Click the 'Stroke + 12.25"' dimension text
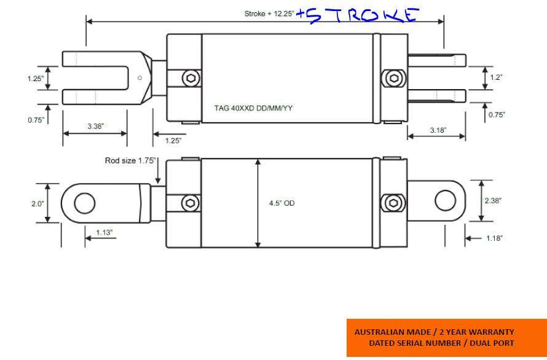[269, 14]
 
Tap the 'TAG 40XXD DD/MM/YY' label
[253, 108]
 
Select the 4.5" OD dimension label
[281, 203]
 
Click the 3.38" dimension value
[96, 127]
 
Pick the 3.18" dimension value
[438, 130]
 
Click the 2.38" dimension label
[493, 201]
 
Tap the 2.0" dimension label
[37, 204]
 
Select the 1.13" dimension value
[104, 232]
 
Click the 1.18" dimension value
[494, 238]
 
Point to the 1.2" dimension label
[496, 77]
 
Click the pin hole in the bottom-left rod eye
[84, 203]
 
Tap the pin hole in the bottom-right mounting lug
[445, 201]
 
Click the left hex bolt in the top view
[191, 77]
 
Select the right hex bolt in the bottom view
[393, 203]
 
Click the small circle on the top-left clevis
[140, 78]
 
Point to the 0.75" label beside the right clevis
[497, 115]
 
